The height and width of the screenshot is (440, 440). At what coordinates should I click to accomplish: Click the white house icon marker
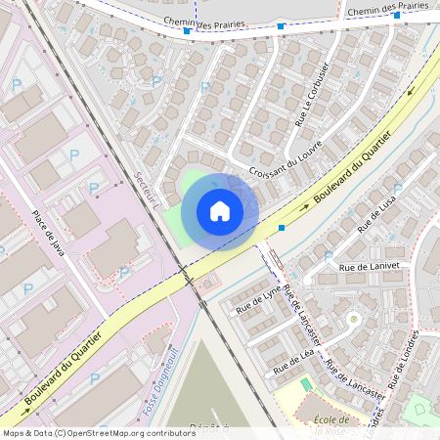pos(220,211)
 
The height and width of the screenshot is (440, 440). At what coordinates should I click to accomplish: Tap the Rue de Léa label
pos(293,365)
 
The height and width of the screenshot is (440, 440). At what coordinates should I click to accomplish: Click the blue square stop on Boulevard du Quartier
pos(282,227)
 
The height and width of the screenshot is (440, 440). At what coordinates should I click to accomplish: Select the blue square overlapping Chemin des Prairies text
pos(186,31)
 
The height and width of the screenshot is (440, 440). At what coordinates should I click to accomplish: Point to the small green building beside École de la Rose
pos(305,401)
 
